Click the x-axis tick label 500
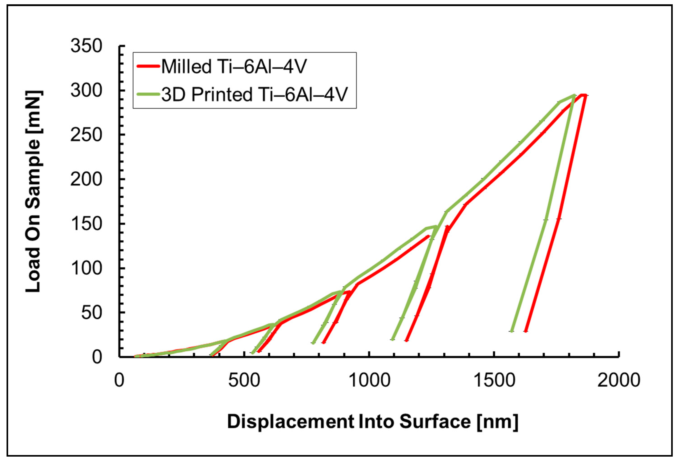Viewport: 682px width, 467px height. click(244, 380)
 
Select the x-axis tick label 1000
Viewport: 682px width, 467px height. click(369, 380)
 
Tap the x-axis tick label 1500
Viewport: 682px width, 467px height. click(494, 380)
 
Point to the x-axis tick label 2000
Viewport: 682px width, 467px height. click(619, 380)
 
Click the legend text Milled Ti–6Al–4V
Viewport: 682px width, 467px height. click(234, 67)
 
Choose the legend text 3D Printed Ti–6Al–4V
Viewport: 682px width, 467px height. click(254, 95)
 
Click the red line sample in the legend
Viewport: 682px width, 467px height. click(148, 66)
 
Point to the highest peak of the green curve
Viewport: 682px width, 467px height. click(574, 95)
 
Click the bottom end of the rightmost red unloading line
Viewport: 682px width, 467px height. click(526, 331)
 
